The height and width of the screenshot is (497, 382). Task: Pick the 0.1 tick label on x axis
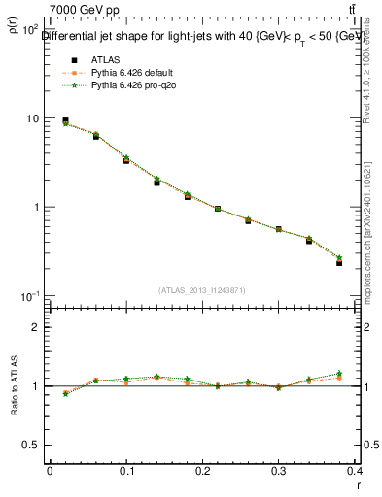coord(126,471)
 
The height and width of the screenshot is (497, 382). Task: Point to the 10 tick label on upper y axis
coord(32,118)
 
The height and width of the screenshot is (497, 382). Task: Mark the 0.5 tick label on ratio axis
coord(32,445)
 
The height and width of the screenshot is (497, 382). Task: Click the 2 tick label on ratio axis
coord(37,327)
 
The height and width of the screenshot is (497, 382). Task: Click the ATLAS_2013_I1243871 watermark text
coord(202,290)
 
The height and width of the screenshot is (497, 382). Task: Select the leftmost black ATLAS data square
coord(65,121)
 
